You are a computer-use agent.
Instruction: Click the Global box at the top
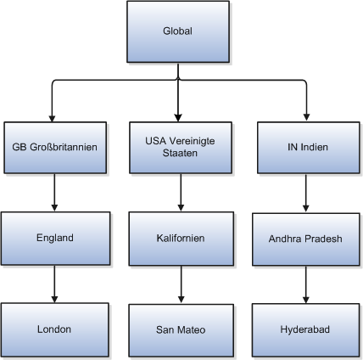(x=178, y=32)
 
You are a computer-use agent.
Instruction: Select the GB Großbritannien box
(x=54, y=146)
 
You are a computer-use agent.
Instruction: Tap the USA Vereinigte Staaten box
(x=178, y=146)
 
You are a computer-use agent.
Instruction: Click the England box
(x=54, y=239)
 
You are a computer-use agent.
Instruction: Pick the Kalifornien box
(x=178, y=239)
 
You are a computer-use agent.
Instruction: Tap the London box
(x=54, y=329)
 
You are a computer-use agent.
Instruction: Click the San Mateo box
(x=178, y=329)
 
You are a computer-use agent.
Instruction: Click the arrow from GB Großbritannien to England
(x=54, y=192)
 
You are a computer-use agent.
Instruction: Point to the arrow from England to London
(x=54, y=284)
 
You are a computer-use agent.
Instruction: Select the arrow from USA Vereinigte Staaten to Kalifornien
(x=178, y=192)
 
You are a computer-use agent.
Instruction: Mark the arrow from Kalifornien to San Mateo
(x=178, y=284)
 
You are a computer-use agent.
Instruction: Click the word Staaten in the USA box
(x=178, y=154)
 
